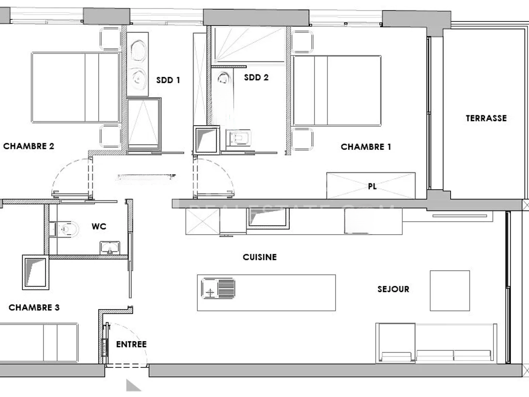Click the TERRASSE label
click(x=486, y=118)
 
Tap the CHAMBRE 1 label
click(x=366, y=147)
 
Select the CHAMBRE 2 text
click(x=28, y=146)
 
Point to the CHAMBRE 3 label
click(x=34, y=308)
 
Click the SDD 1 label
click(x=168, y=80)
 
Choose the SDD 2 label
click(x=256, y=78)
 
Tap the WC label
click(x=99, y=226)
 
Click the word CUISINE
click(x=260, y=257)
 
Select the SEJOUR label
click(x=393, y=289)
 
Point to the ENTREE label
click(x=131, y=344)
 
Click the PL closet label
click(x=372, y=187)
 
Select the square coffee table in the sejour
click(x=449, y=291)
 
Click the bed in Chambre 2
click(x=75, y=87)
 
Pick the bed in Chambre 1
click(x=337, y=90)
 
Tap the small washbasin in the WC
click(x=110, y=248)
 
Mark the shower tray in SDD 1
click(x=144, y=124)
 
